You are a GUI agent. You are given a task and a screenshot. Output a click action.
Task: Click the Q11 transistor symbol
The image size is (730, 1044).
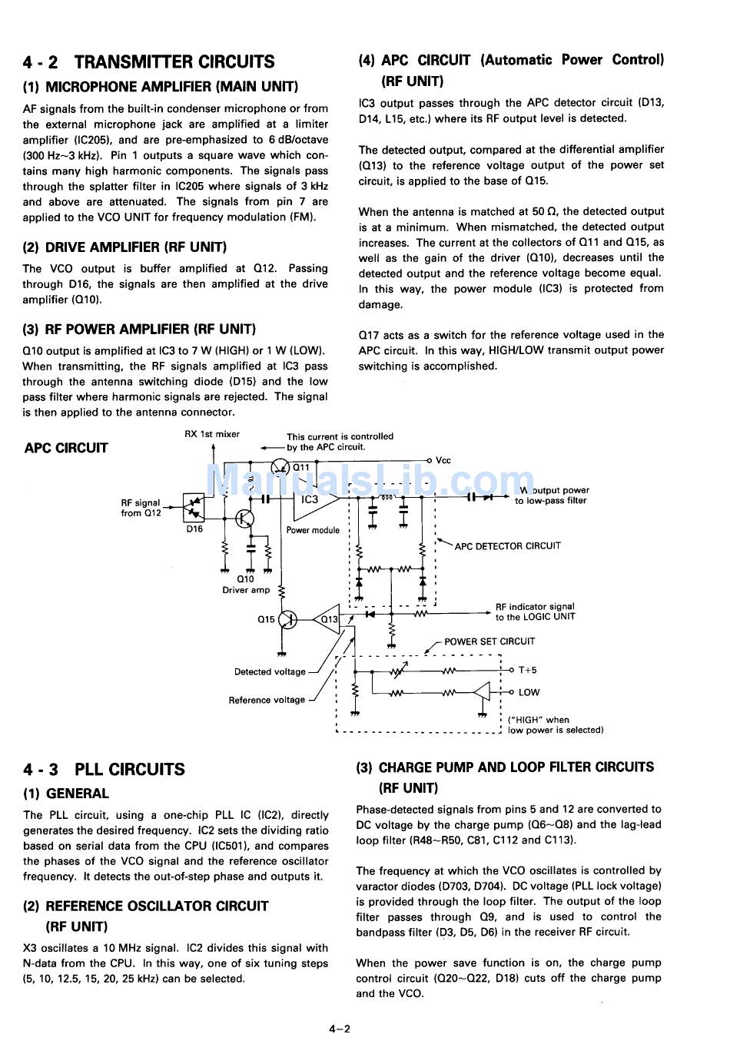click(281, 467)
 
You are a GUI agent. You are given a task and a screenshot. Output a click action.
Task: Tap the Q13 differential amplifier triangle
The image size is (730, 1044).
click(327, 619)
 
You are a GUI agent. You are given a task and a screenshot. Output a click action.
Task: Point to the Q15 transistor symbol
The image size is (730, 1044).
click(288, 619)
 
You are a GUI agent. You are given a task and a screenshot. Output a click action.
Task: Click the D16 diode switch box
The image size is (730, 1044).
click(194, 505)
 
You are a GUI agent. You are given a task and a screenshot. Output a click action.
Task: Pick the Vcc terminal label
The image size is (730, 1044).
click(443, 461)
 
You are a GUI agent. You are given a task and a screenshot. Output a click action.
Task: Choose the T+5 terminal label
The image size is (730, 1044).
click(527, 671)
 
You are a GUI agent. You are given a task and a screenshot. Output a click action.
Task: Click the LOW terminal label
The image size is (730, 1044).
click(529, 692)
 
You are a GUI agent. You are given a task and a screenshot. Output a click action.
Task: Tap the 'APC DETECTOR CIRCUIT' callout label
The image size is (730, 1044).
click(507, 546)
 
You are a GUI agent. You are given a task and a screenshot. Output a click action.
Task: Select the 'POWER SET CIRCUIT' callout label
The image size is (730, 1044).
click(489, 641)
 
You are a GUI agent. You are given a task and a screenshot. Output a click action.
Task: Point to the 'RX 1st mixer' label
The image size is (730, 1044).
click(212, 434)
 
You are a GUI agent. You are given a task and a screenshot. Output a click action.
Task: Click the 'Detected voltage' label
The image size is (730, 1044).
click(270, 672)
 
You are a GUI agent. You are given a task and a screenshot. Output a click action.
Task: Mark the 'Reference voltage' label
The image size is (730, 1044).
click(267, 700)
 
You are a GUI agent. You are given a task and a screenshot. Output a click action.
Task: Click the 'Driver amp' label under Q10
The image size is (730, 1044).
click(246, 590)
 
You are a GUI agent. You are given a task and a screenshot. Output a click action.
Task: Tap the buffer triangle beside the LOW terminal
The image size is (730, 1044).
click(482, 692)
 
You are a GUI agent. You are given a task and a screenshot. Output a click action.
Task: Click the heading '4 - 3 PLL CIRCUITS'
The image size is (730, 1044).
click(105, 769)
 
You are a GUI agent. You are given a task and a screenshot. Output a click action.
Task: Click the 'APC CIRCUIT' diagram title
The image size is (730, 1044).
click(66, 448)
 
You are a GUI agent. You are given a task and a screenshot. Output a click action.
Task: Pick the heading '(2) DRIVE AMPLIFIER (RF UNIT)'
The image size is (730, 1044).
click(124, 247)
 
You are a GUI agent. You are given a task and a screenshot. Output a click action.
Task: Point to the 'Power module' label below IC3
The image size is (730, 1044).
click(313, 530)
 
